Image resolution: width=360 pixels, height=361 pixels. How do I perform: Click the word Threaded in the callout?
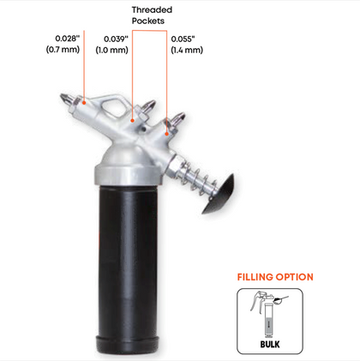pyautogui.click(x=152, y=10)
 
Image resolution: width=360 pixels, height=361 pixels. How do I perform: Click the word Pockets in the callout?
pyautogui.click(x=148, y=21)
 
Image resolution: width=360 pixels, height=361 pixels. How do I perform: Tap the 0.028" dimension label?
pyautogui.click(x=68, y=39)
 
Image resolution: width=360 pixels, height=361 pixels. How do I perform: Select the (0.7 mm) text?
pyautogui.click(x=63, y=49)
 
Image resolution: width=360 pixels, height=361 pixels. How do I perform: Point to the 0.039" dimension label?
pyautogui.click(x=116, y=39)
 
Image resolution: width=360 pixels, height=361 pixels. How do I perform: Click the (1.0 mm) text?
pyautogui.click(x=111, y=50)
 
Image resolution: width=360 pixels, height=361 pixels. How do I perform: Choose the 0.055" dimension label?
pyautogui.click(x=183, y=39)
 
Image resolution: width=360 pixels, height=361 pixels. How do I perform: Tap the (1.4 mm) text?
pyautogui.click(x=187, y=50)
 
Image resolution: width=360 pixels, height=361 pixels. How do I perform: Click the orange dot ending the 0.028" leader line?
pyautogui.click(x=84, y=103)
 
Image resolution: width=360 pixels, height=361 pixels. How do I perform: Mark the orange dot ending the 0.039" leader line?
pyautogui.click(x=133, y=121)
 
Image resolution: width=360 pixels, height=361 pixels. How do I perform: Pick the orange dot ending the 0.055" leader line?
pyautogui.click(x=167, y=134)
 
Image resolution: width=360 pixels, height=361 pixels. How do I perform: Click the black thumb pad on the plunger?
pyautogui.click(x=219, y=195)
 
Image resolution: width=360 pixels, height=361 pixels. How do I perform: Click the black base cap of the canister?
pyautogui.click(x=128, y=345)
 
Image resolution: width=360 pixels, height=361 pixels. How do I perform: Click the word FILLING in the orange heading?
pyautogui.click(x=255, y=277)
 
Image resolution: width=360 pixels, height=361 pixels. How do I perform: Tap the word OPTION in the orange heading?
pyautogui.click(x=294, y=277)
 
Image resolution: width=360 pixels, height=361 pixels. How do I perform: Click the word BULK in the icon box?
pyautogui.click(x=270, y=344)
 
